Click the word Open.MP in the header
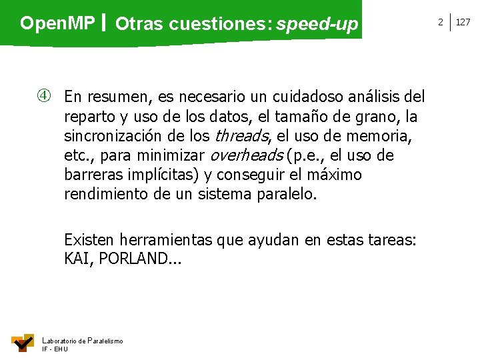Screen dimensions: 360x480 (x=57, y=23)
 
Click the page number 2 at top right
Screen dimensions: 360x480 (x=440, y=22)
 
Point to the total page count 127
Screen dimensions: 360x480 (x=463, y=22)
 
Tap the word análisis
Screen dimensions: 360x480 (x=369, y=97)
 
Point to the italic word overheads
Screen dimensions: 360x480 (x=245, y=156)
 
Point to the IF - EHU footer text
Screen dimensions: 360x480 (x=55, y=349)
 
